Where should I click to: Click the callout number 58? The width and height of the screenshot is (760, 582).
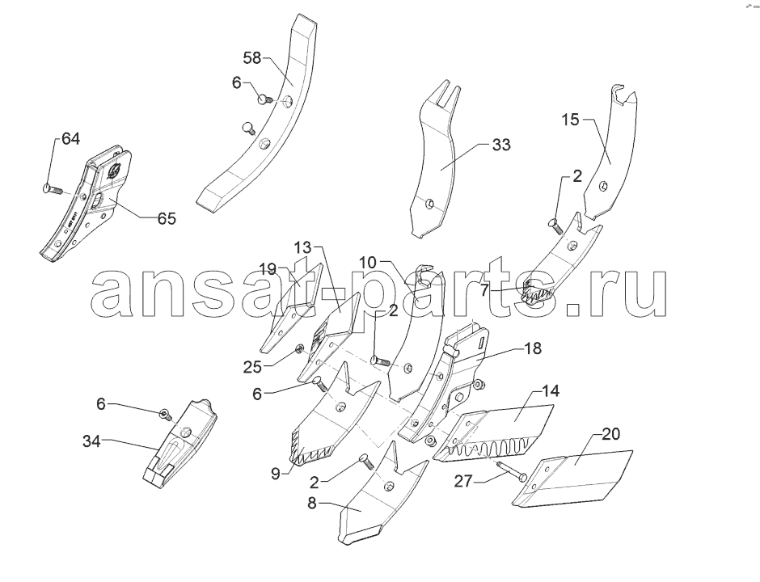point(252,58)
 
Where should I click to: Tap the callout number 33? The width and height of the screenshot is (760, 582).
point(501,145)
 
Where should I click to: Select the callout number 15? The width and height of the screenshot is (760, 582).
point(571,120)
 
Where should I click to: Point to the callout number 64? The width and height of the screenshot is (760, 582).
point(70,139)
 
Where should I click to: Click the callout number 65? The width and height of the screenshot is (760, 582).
point(167,218)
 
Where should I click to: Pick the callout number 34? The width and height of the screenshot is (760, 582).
point(91,441)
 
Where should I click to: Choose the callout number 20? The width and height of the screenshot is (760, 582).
point(610,434)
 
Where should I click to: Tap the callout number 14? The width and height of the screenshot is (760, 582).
point(550,390)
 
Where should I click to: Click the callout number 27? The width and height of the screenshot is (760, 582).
point(463,481)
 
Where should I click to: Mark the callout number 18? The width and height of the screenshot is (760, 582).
point(533,348)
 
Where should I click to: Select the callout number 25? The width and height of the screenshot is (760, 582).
point(252,367)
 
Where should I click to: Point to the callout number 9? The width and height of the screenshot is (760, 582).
point(276,474)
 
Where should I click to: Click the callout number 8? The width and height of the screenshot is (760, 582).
point(311,504)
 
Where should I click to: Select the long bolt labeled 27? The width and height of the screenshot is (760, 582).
point(512,472)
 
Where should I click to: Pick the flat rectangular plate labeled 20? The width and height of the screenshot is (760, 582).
point(572,479)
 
